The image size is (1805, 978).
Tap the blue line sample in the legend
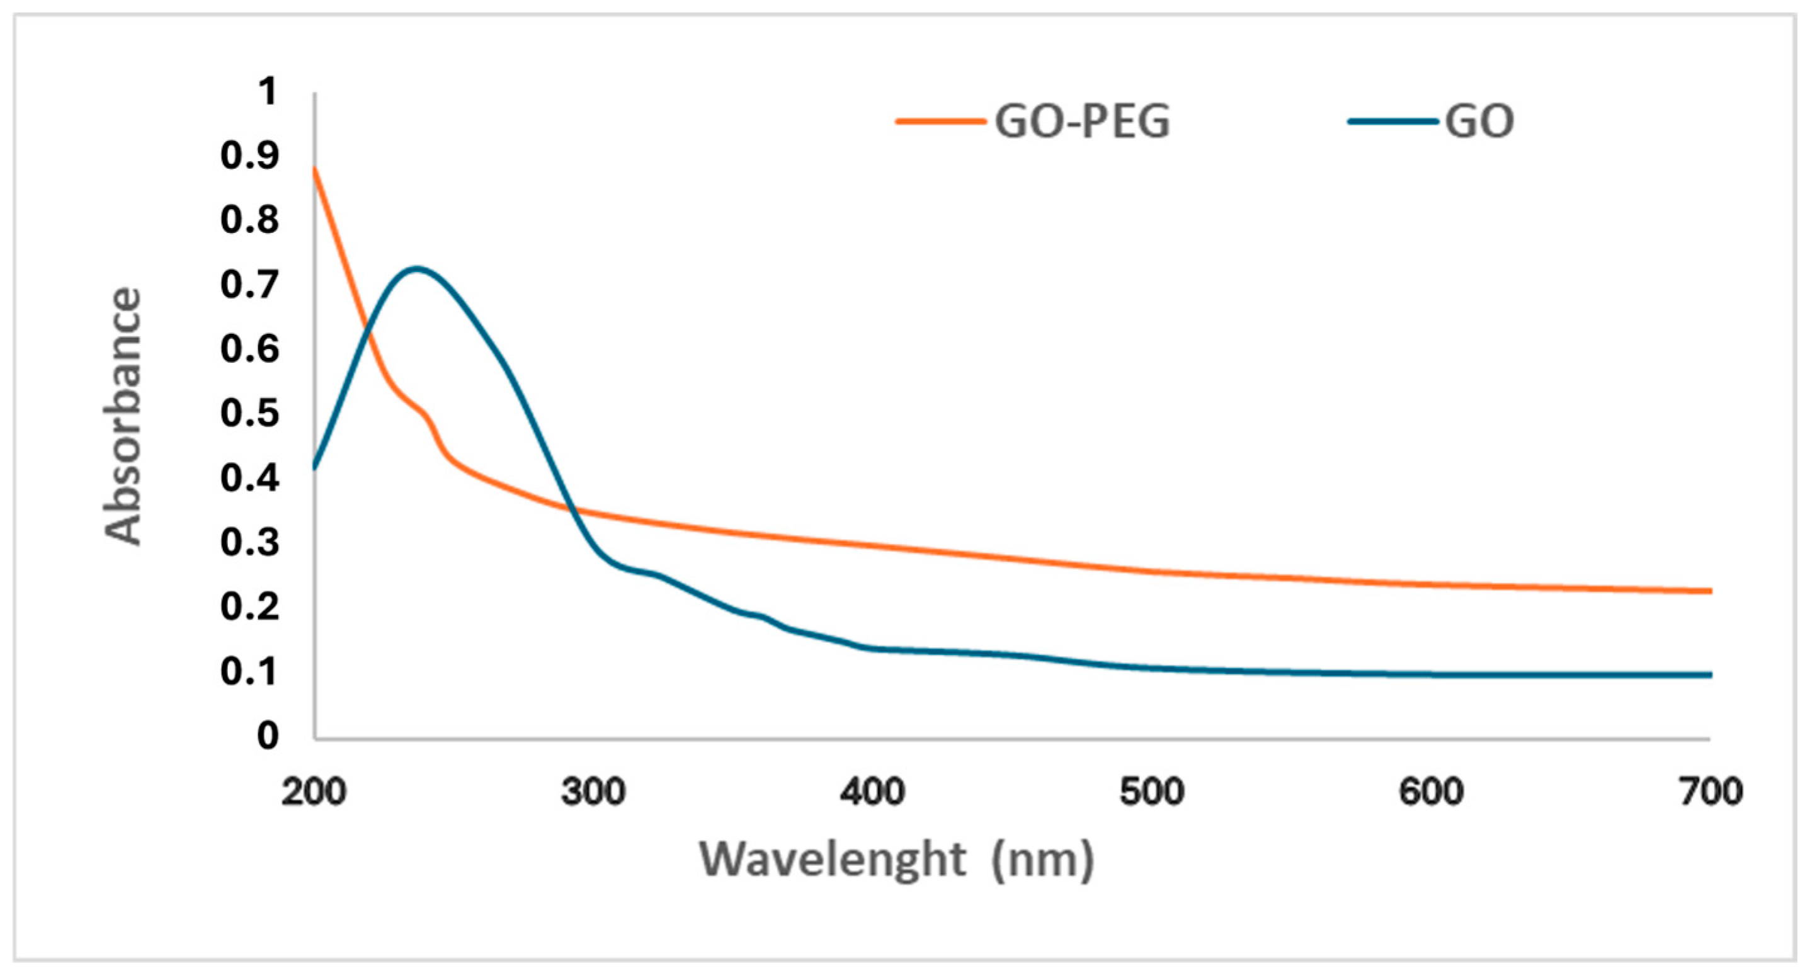click(1392, 121)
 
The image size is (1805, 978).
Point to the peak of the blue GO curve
click(417, 268)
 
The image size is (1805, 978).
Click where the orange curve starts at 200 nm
click(315, 169)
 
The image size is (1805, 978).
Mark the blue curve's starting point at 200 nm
click(315, 467)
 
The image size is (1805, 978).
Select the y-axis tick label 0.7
click(249, 285)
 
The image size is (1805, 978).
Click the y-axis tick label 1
click(268, 92)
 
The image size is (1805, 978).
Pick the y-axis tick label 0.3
click(249, 542)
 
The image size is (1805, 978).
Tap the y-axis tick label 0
click(268, 736)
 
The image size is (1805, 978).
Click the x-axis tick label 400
click(872, 792)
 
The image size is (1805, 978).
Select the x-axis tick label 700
click(1711, 792)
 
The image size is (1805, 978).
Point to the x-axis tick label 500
click(1152, 792)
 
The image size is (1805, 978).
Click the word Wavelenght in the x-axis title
click(833, 859)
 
